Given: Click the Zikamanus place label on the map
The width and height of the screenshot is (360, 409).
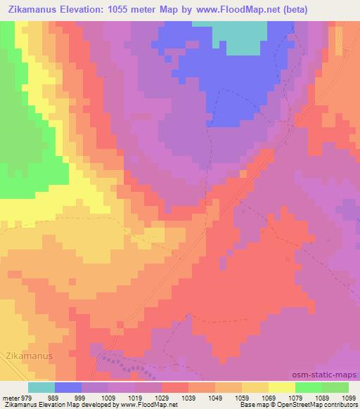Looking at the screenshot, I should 29,356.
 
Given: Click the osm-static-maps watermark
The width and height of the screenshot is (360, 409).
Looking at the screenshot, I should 330,376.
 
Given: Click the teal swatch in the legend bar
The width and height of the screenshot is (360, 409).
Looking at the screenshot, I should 41,387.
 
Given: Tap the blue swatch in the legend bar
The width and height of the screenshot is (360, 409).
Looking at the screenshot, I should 68,387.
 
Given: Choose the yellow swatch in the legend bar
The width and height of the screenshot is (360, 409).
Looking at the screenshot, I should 281,387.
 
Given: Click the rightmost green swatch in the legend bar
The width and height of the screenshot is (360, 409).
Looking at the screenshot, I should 335,387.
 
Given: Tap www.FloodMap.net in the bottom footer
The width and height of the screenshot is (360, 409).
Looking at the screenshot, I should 149,405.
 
